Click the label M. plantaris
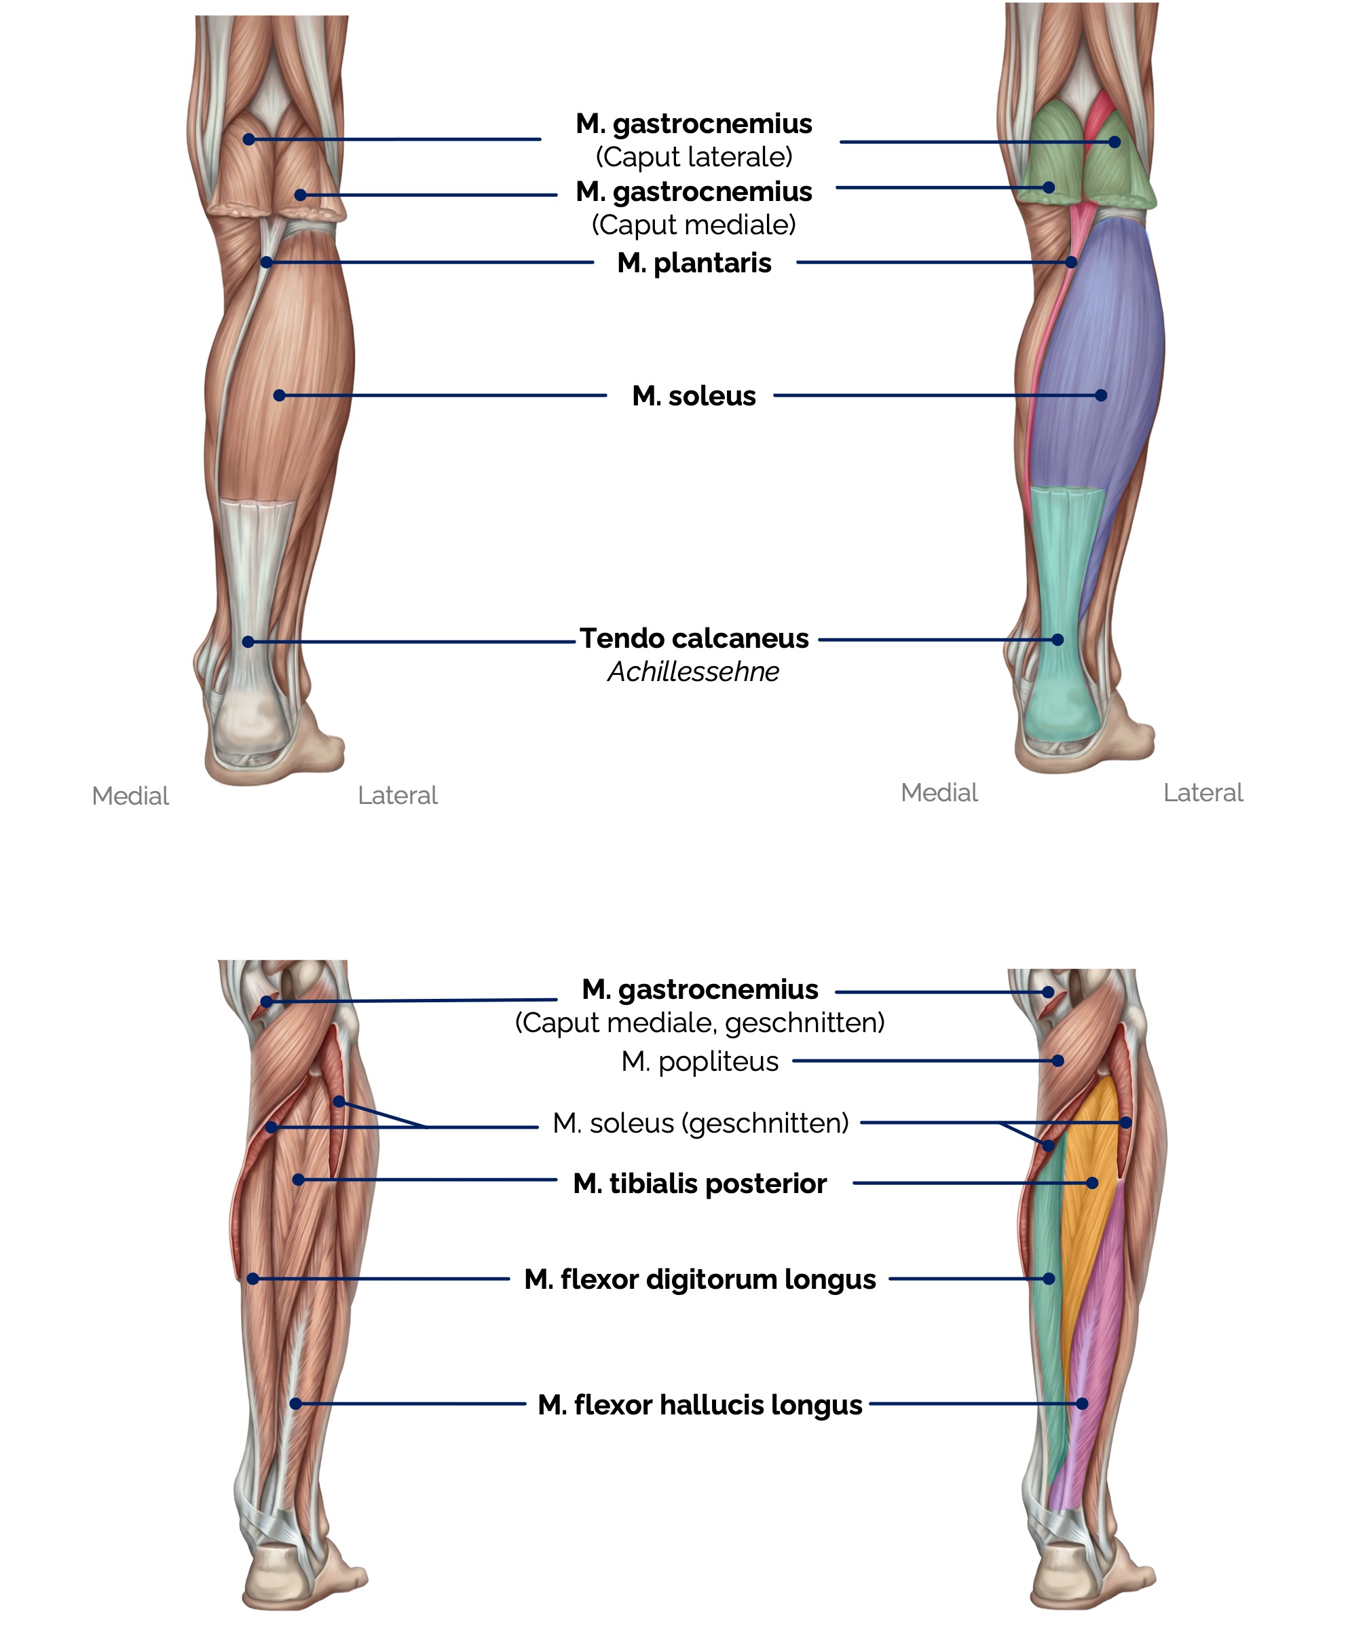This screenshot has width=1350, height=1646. pyautogui.click(x=694, y=263)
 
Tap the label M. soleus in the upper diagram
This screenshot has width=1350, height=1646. pyautogui.click(x=694, y=396)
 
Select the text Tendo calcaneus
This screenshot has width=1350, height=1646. pyautogui.click(x=694, y=638)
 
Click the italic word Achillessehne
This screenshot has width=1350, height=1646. pyautogui.click(x=693, y=672)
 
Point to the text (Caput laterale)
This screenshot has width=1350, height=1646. pyautogui.click(x=694, y=157)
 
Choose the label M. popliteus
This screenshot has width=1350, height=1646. pyautogui.click(x=699, y=1061)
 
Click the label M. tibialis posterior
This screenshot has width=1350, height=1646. pyautogui.click(x=699, y=1183)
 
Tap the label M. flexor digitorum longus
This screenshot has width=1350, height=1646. pyautogui.click(x=699, y=1279)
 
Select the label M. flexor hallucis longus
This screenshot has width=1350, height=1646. pyautogui.click(x=699, y=1405)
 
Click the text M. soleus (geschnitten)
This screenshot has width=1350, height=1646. pyautogui.click(x=700, y=1123)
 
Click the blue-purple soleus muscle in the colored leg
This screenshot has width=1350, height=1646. pyautogui.click(x=1096, y=335)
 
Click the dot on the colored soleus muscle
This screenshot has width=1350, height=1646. pyautogui.click(x=1100, y=395)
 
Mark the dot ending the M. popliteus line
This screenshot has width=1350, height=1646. pyautogui.click(x=1057, y=1060)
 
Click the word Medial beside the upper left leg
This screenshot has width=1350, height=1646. pyautogui.click(x=130, y=796)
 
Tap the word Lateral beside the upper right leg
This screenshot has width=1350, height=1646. pyautogui.click(x=1202, y=792)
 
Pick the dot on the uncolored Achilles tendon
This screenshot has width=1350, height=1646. pyautogui.click(x=248, y=642)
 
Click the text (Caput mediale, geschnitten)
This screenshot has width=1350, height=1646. pyautogui.click(x=699, y=1022)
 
